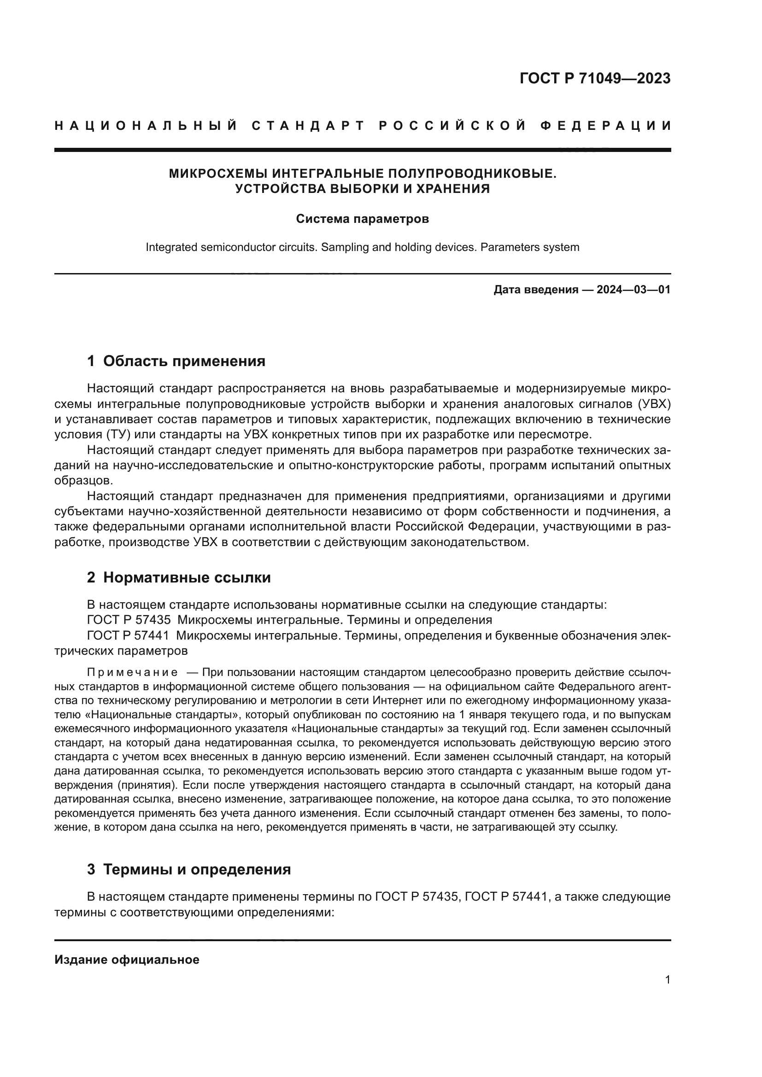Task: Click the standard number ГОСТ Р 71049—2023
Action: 595,78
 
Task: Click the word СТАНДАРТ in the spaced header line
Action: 308,126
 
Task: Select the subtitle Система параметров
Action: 362,219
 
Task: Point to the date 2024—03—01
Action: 633,290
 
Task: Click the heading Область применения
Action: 184,361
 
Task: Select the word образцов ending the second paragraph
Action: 83,480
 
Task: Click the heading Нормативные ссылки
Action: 187,577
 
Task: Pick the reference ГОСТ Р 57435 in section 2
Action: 129,620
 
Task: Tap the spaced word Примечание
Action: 132,672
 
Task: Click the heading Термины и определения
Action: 197,869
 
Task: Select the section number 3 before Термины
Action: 91,869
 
